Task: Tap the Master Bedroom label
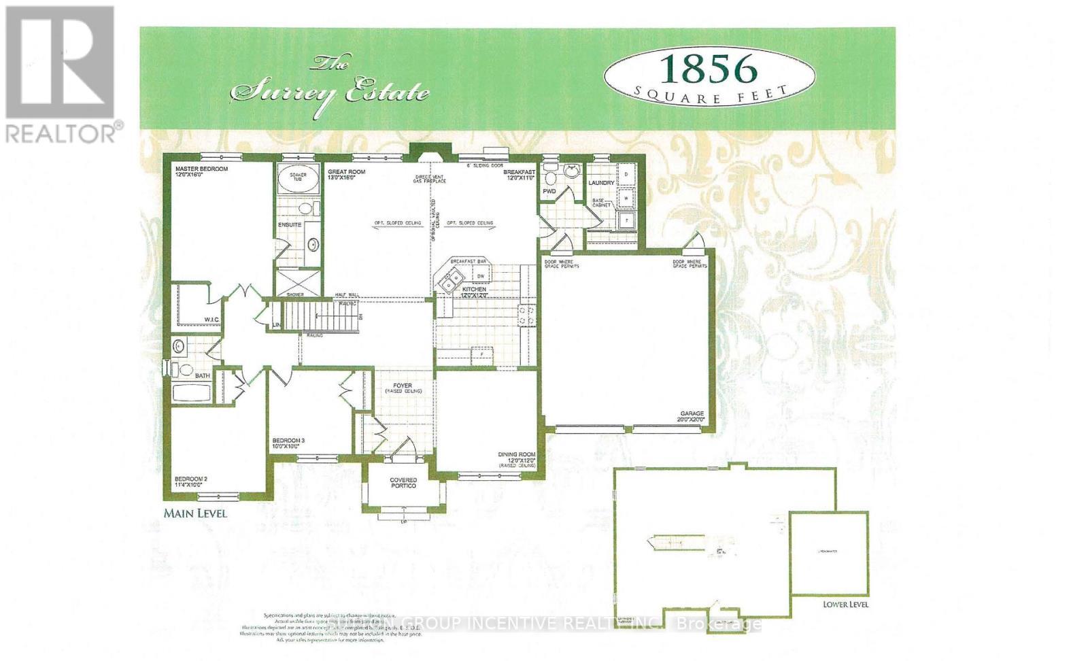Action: tap(201, 169)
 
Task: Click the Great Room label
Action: tap(346, 172)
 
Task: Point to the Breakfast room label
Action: tap(519, 173)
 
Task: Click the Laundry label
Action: tap(601, 183)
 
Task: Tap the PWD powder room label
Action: tap(549, 192)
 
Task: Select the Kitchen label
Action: tap(474, 290)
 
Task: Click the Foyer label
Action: tap(402, 386)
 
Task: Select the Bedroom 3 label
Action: tap(288, 441)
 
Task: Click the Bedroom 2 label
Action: tap(190, 479)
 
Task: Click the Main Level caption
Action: tap(195, 513)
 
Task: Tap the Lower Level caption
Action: tap(845, 604)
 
